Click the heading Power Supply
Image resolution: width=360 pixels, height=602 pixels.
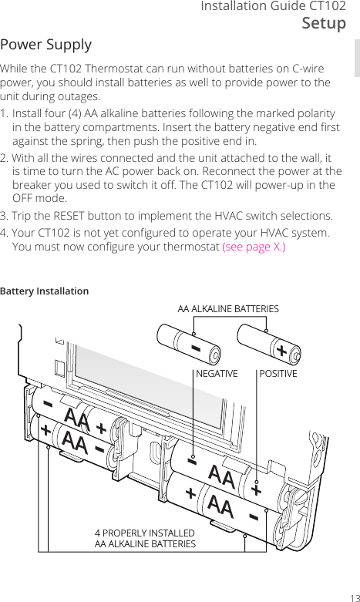(x=46, y=45)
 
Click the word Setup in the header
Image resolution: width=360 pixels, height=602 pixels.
(x=323, y=23)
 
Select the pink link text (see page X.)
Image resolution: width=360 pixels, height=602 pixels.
(x=254, y=247)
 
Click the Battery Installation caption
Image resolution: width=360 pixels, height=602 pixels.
(x=44, y=291)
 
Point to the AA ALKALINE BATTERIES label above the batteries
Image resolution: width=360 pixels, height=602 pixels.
(x=228, y=309)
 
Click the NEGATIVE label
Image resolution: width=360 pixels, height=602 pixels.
(x=217, y=374)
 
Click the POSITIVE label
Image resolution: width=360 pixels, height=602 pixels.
(x=278, y=374)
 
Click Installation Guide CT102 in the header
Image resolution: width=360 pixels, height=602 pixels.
(x=273, y=6)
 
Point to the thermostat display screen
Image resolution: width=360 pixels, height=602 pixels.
(x=154, y=401)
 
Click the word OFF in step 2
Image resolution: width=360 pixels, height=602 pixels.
(x=26, y=199)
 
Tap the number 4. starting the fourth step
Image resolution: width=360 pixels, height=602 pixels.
(x=5, y=233)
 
